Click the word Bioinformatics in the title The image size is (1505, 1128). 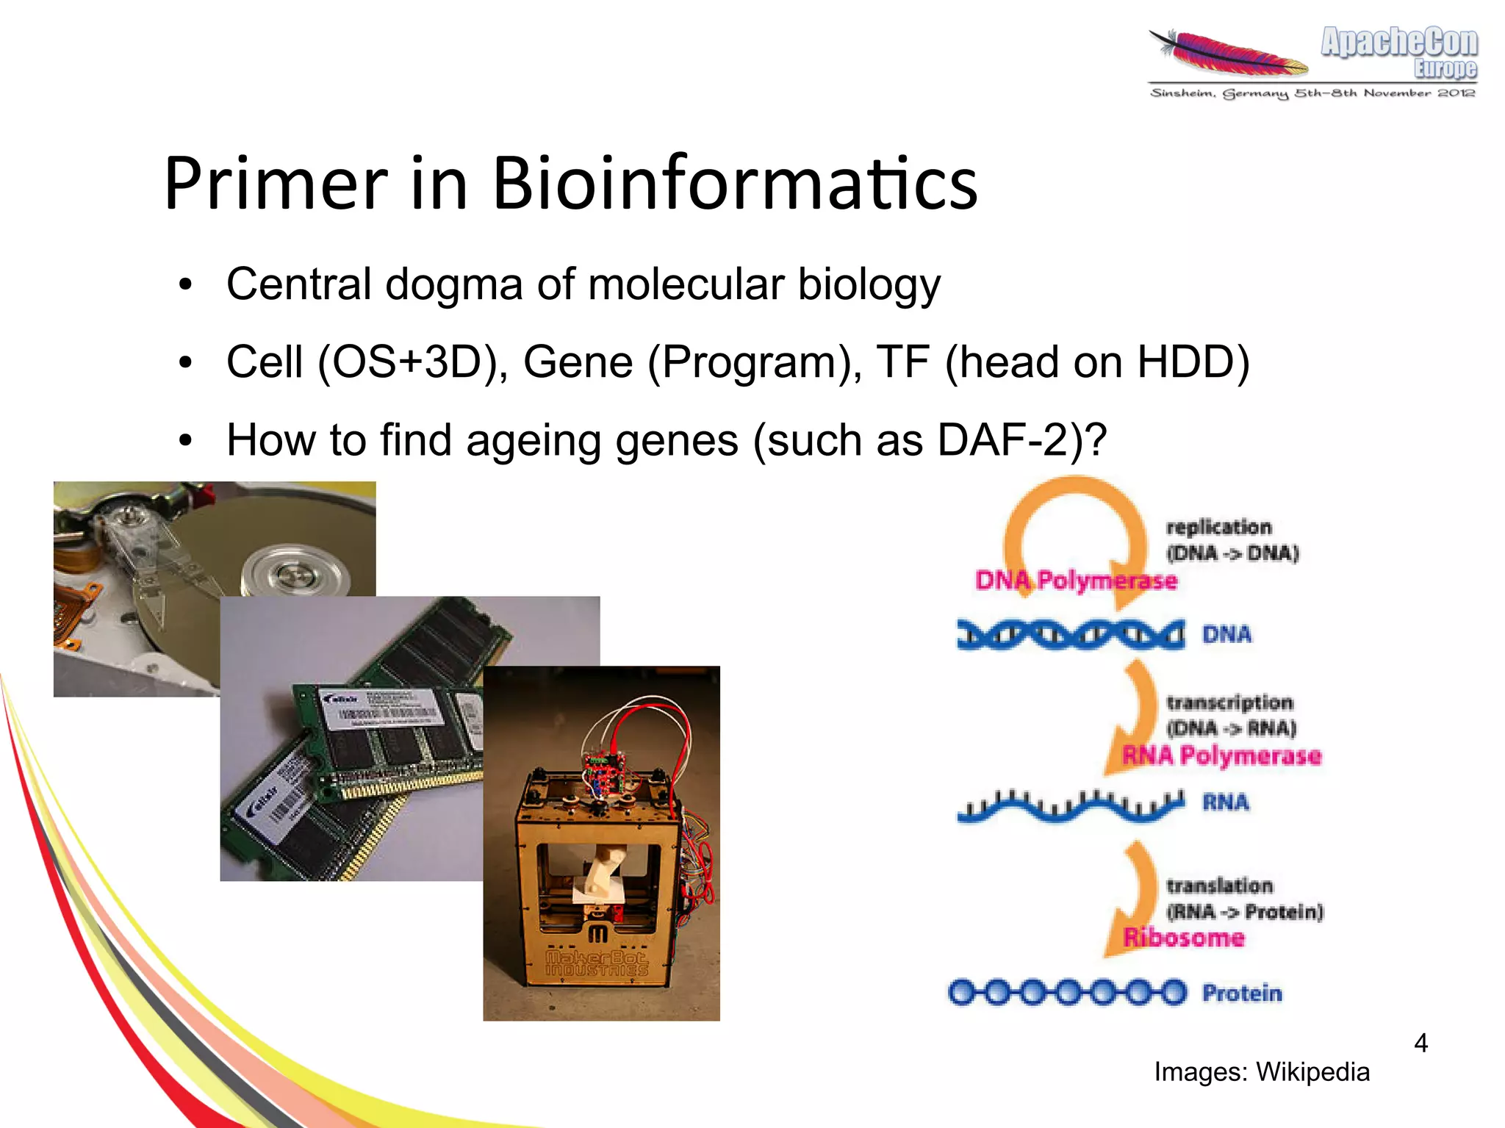click(x=735, y=184)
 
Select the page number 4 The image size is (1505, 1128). click(x=1420, y=1043)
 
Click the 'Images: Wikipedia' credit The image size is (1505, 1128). click(x=1262, y=1072)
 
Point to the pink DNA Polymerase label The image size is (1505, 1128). click(x=1076, y=581)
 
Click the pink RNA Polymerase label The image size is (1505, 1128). click(x=1221, y=755)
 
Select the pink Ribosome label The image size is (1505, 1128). click(x=1184, y=938)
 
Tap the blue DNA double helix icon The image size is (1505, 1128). click(x=1070, y=634)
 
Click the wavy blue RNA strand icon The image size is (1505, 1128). click(x=1070, y=805)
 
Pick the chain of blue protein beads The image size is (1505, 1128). click(x=1067, y=993)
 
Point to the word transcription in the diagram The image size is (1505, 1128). click(x=1229, y=703)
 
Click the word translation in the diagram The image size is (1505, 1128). click(x=1220, y=885)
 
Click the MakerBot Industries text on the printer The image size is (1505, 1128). click(x=597, y=963)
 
